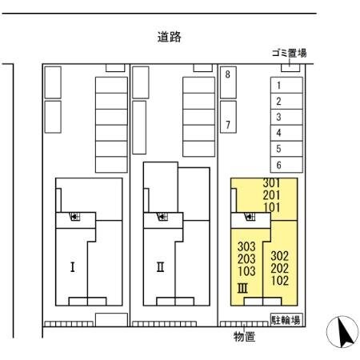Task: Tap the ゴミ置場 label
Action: click(x=289, y=54)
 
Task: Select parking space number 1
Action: click(x=278, y=86)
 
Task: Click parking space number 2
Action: click(x=278, y=102)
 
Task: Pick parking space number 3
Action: click(x=278, y=117)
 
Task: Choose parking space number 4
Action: click(x=278, y=133)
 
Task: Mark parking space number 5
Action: click(x=278, y=149)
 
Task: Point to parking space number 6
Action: click(x=278, y=165)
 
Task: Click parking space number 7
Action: click(x=228, y=125)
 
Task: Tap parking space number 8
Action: click(x=228, y=74)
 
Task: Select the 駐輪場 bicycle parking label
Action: click(x=285, y=320)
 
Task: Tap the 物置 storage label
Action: click(x=244, y=337)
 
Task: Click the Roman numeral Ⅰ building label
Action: click(x=72, y=266)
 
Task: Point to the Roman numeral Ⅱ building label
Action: click(x=160, y=266)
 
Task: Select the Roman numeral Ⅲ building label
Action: click(x=243, y=288)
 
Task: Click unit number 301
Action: click(x=271, y=183)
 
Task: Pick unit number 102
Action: click(x=279, y=281)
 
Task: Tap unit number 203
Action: click(x=246, y=258)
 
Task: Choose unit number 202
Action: click(x=279, y=269)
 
